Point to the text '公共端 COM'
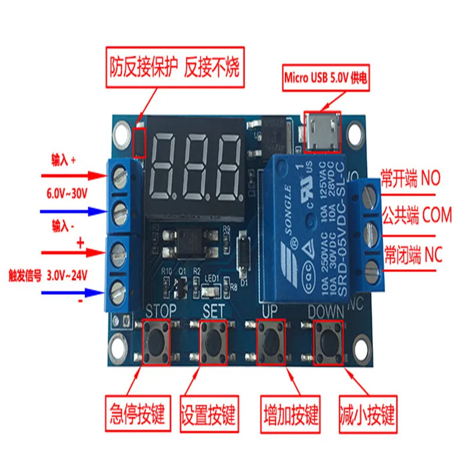point(416,216)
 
